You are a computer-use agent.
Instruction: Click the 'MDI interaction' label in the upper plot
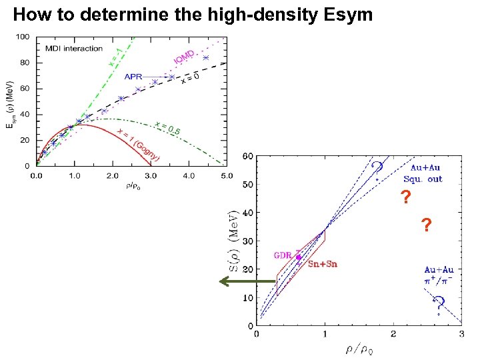click(x=74, y=49)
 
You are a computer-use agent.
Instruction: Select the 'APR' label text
click(x=133, y=77)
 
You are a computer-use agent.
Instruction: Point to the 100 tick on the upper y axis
click(x=22, y=37)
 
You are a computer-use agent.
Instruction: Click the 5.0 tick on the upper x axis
click(x=227, y=176)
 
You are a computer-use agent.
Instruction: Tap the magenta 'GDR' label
click(x=283, y=255)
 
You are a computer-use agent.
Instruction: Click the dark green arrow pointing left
click(x=247, y=282)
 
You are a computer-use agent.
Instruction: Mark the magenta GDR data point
click(x=298, y=257)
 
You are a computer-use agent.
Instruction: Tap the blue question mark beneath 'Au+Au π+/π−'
click(x=438, y=308)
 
